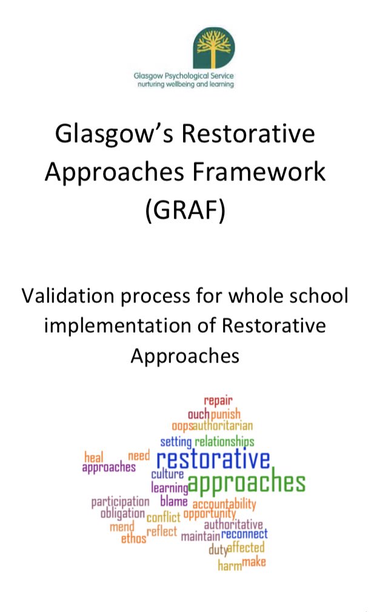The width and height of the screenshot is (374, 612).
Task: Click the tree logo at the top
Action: [214, 49]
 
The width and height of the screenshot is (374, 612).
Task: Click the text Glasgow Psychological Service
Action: [183, 76]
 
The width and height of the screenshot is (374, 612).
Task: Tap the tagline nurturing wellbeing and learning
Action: [183, 84]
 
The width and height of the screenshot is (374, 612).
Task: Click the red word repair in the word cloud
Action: [218, 400]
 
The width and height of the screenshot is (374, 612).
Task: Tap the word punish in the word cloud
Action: [225, 414]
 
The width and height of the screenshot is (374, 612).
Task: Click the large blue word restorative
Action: [213, 459]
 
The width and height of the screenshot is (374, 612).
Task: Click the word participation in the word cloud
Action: [120, 502]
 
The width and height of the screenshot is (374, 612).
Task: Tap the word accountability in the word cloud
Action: [224, 504]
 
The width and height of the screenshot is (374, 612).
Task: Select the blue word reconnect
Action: [244, 534]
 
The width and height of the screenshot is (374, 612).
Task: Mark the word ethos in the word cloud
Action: [133, 539]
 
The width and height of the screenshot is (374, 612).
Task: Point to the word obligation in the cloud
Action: [122, 514]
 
